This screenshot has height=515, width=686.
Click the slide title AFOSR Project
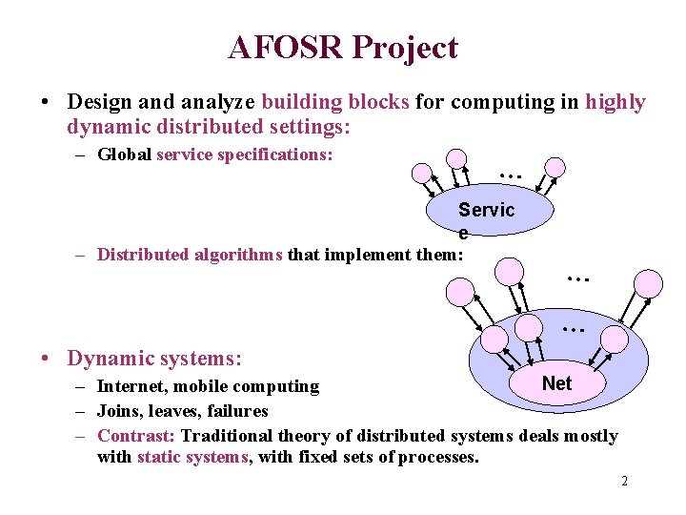(343, 47)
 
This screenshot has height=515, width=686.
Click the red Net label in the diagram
(556, 383)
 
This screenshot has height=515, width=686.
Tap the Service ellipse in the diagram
(488, 212)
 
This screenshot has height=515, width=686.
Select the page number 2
(624, 481)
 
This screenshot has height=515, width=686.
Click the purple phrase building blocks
(335, 102)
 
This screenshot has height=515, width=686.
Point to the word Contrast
(136, 436)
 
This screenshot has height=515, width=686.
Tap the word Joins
(119, 411)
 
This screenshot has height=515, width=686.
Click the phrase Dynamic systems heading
(154, 359)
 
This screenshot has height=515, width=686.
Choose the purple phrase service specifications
(245, 154)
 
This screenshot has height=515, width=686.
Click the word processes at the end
(440, 457)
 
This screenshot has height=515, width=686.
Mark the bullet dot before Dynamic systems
(46, 360)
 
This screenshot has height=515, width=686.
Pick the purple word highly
(615, 102)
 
